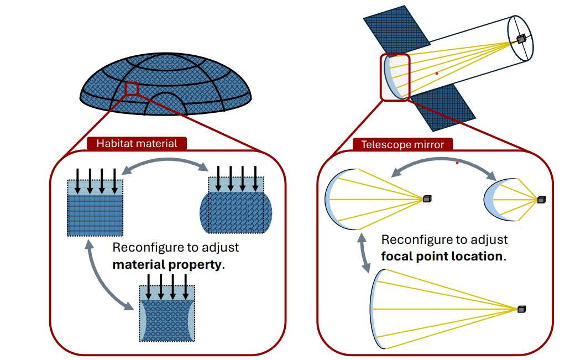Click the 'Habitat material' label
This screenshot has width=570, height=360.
(x=137, y=144)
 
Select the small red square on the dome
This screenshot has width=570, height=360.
(x=131, y=88)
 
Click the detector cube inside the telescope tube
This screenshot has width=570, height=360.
(x=521, y=38)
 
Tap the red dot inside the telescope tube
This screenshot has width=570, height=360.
(x=437, y=73)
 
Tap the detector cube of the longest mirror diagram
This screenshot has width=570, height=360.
(x=522, y=309)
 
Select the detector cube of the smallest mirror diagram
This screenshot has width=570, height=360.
(x=541, y=200)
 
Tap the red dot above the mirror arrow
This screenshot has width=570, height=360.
(x=457, y=163)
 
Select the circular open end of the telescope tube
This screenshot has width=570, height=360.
(x=521, y=39)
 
